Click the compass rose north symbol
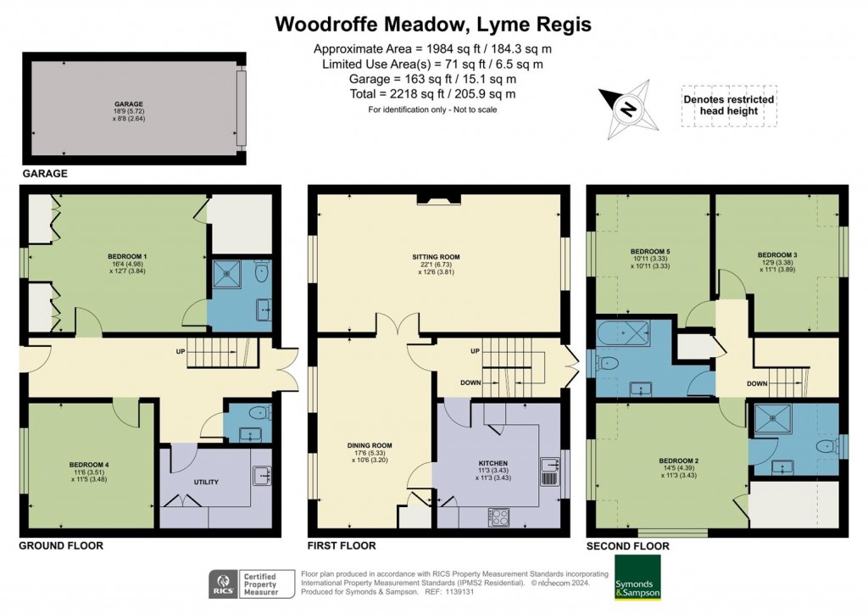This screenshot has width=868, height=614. [627, 109]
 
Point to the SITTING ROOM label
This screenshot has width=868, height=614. [436, 255]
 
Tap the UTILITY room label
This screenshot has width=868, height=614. [206, 482]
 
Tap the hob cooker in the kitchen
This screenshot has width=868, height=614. [498, 516]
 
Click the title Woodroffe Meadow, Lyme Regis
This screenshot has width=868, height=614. [433, 24]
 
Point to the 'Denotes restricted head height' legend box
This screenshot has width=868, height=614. [728, 105]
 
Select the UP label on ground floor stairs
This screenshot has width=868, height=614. [180, 350]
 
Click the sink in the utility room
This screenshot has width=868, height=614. [260, 476]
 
